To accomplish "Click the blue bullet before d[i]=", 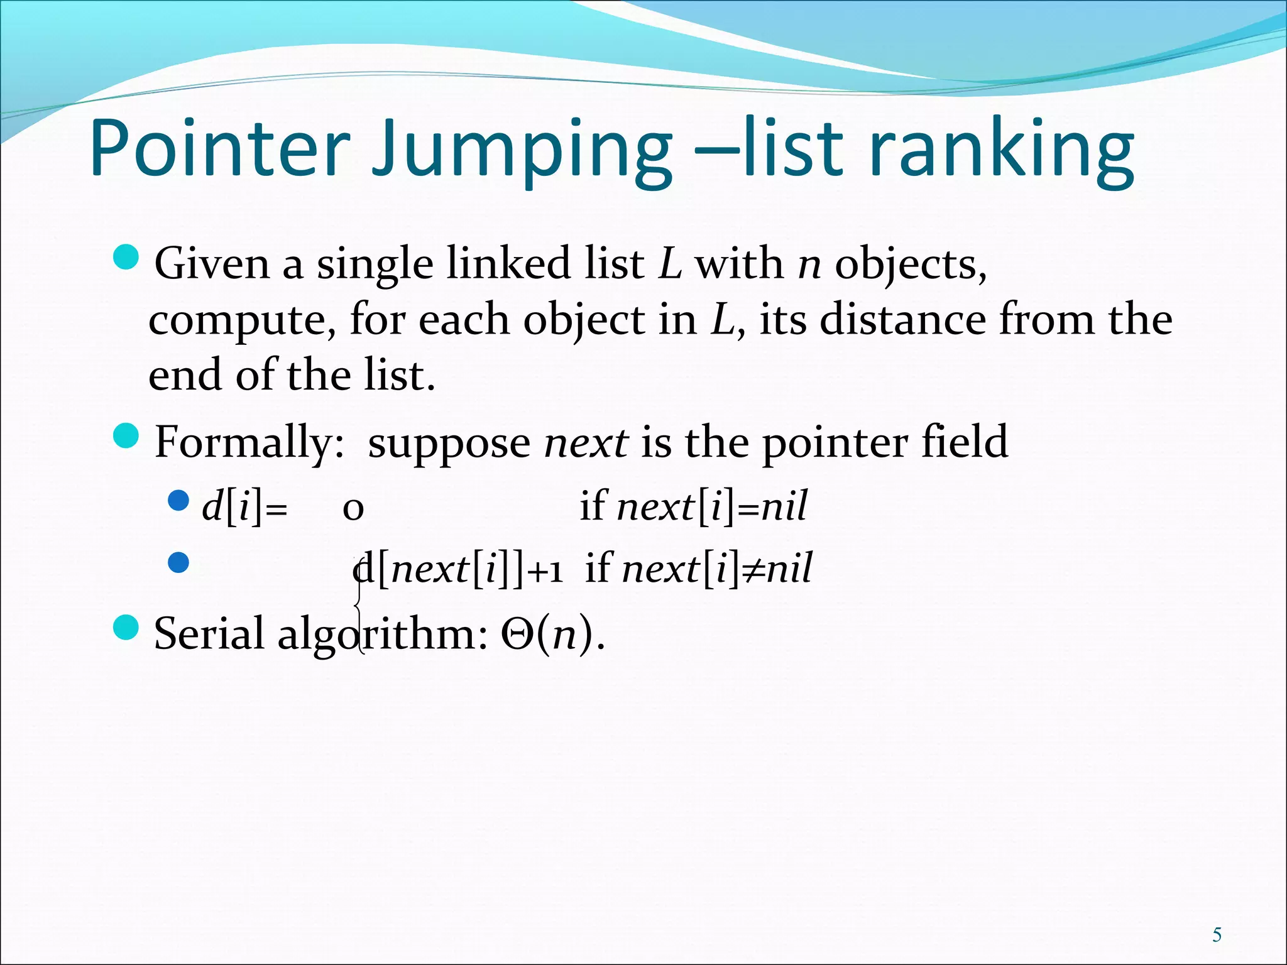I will click(x=179, y=501).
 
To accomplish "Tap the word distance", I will click(x=902, y=319).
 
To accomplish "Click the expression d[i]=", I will click(x=244, y=506).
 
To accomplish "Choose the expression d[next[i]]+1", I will click(x=457, y=569).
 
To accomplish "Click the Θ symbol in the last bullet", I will click(x=517, y=635).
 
